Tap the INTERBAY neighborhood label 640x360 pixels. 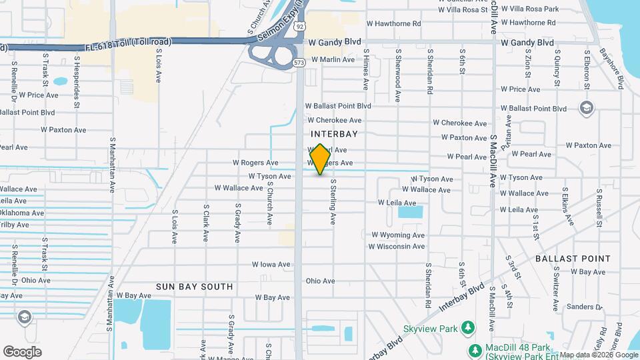334,134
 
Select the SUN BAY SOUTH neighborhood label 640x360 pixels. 195,287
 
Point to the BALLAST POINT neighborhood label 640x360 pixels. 573,258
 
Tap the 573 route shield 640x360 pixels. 299,63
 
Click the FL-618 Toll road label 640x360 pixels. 129,42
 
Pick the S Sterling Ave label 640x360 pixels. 332,203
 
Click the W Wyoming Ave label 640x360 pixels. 398,235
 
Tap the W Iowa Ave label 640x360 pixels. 271,265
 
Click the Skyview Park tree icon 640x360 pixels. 468,327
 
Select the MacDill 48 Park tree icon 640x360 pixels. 474,350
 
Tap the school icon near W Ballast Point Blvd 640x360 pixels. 586,108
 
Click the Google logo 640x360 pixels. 23,352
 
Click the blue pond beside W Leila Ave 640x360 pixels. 410,213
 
